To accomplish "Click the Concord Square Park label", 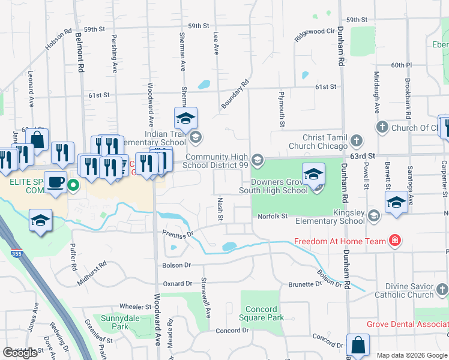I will click(x=261, y=313).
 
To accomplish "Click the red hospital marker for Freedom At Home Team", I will click(x=395, y=241).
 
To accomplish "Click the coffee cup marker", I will click(x=56, y=182).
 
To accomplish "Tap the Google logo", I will click(x=20, y=353).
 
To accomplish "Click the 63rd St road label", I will click(x=364, y=155).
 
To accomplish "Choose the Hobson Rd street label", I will click(x=58, y=39).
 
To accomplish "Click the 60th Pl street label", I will click(x=401, y=65).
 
